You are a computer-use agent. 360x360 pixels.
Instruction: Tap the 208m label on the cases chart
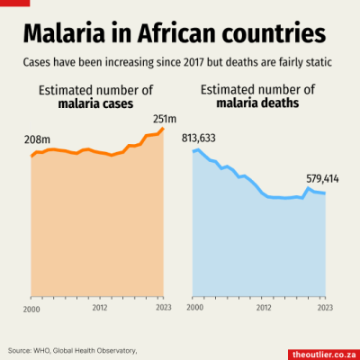tap(36, 140)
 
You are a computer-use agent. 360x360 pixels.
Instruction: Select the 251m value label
tap(165, 118)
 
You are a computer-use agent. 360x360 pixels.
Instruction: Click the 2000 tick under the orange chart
tap(31, 309)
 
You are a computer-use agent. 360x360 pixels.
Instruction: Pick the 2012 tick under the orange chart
tap(100, 309)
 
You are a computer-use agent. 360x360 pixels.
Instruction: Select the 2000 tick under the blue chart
tap(194, 309)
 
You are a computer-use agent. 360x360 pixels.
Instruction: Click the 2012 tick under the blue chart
tap(263, 309)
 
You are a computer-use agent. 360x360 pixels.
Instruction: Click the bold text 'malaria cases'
tap(95, 104)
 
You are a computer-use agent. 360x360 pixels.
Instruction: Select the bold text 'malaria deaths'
tap(257, 104)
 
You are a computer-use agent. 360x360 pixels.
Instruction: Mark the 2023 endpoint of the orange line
tap(164, 130)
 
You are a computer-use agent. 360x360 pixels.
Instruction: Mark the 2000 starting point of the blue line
tap(194, 150)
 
